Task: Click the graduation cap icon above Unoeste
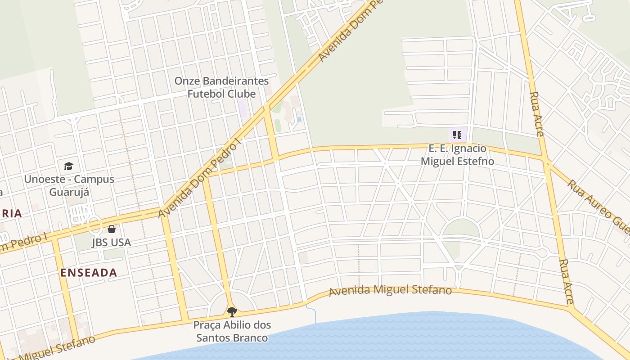68,166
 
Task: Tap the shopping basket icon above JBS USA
112,229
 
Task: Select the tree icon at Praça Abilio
232,311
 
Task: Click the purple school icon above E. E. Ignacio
457,135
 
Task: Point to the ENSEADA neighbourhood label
89,273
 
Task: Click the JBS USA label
111,243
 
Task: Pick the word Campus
94,179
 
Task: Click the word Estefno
472,161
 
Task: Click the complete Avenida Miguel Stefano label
390,290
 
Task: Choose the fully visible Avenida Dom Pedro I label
200,178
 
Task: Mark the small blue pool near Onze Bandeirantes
299,119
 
